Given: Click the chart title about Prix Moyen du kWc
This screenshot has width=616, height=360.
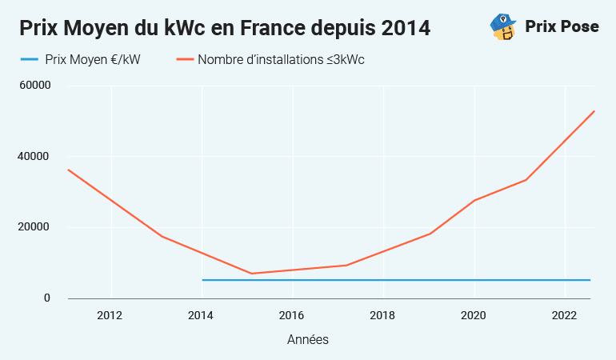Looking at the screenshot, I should [x=225, y=28].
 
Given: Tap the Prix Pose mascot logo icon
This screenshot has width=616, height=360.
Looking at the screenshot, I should [x=502, y=26].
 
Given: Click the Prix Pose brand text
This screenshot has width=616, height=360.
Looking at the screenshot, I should [x=562, y=26].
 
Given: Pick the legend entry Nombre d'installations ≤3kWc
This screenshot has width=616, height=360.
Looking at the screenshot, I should [x=280, y=59].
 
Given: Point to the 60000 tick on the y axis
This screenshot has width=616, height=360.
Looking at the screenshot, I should [x=36, y=86].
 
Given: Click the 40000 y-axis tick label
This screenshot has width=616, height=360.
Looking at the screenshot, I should [x=36, y=157].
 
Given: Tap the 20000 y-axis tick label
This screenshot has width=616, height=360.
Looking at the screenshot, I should [x=36, y=227].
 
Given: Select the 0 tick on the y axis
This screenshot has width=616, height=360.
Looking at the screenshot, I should [x=46, y=298].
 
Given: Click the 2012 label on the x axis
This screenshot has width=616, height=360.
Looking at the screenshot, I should [x=110, y=314].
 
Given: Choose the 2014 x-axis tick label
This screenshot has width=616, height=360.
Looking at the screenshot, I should [x=202, y=314].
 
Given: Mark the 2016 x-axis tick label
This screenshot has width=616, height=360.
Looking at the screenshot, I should [x=292, y=314].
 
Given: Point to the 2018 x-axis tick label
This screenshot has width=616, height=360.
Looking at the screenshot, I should [x=383, y=314].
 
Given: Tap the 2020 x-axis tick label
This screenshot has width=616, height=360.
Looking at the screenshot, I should [x=474, y=314].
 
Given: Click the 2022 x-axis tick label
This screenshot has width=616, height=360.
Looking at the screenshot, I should [x=565, y=314].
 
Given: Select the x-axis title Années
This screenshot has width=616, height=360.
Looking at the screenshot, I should [x=308, y=340].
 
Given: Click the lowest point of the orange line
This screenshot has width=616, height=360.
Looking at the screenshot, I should [x=252, y=274].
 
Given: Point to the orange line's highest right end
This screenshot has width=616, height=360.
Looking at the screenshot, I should [x=594, y=111].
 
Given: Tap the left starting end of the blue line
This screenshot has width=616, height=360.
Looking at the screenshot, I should [x=202, y=280].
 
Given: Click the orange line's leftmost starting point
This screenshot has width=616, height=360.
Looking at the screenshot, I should [x=68, y=170].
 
